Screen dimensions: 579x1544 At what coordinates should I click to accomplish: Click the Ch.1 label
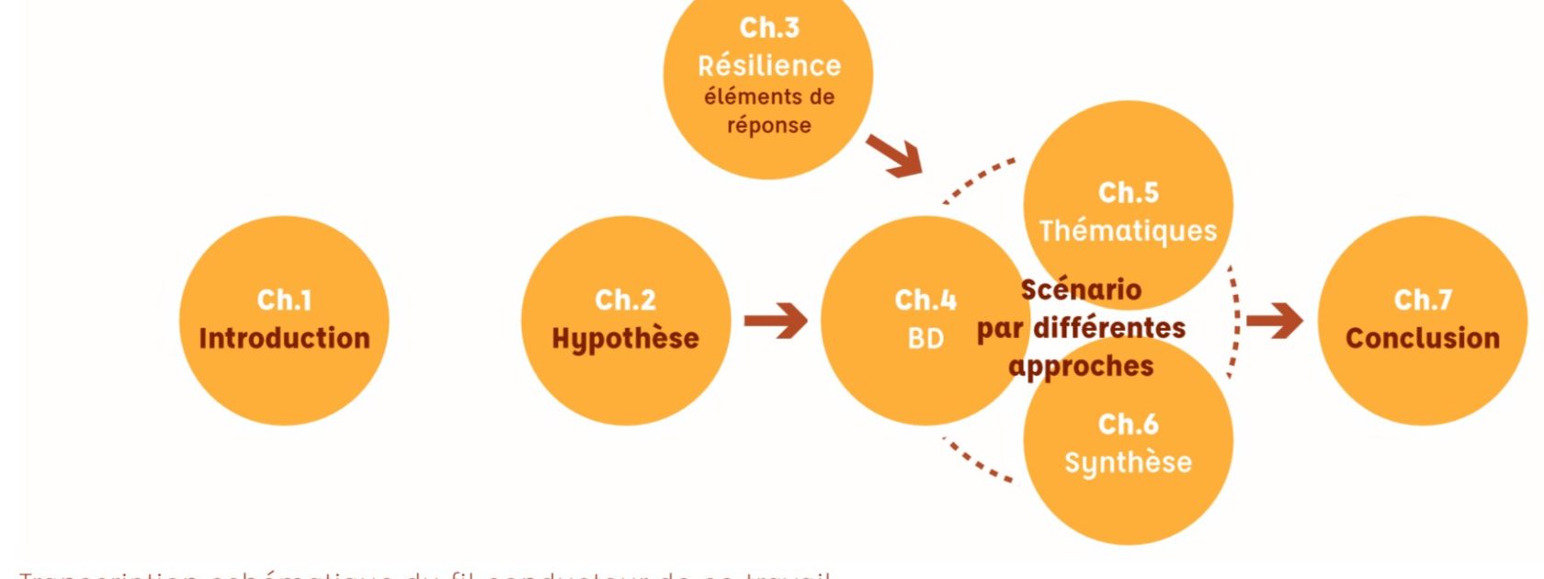click(x=284, y=300)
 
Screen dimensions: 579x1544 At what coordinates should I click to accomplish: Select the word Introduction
click(x=284, y=338)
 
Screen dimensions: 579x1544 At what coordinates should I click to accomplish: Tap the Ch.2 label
click(x=625, y=300)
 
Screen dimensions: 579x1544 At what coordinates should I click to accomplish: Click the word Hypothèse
click(x=625, y=339)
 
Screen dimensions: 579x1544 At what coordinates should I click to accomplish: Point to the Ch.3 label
click(x=769, y=28)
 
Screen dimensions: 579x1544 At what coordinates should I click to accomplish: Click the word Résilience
click(x=769, y=66)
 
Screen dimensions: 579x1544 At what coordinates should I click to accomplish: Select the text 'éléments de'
click(x=769, y=96)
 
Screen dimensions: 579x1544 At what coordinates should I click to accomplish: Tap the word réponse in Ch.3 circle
click(x=769, y=125)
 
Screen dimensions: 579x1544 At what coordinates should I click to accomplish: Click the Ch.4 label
click(x=925, y=300)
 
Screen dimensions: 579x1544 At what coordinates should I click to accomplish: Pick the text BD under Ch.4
click(x=925, y=339)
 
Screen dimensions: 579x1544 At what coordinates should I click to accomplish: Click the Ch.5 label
click(x=1128, y=192)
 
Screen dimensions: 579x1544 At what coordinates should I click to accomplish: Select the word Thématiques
click(x=1128, y=231)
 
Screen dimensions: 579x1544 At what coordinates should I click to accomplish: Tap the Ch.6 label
click(x=1128, y=424)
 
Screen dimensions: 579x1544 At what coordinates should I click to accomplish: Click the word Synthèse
click(x=1128, y=462)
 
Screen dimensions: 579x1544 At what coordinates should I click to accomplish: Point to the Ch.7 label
click(x=1422, y=300)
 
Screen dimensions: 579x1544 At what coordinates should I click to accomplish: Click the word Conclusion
click(x=1422, y=338)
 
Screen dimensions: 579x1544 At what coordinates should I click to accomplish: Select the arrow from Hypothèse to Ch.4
click(x=775, y=321)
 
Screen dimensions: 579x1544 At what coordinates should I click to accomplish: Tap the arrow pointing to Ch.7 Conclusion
click(x=1275, y=321)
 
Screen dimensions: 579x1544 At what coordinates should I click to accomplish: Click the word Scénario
click(x=1081, y=289)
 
